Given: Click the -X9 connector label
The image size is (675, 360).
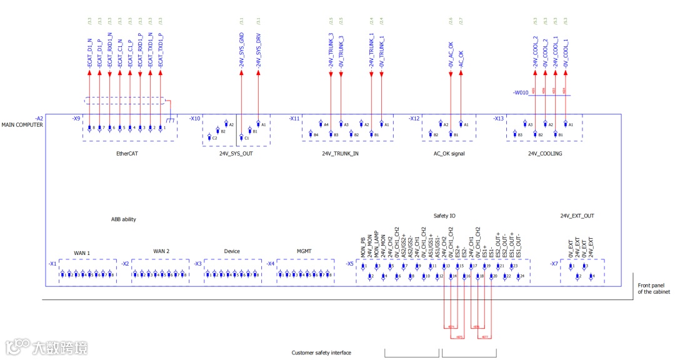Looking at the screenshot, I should pos(76,118).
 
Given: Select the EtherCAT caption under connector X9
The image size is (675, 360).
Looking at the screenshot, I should pos(127,153).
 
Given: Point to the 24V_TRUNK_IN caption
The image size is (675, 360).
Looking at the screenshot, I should pos(340,153).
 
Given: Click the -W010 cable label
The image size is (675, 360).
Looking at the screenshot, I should pos(521,93).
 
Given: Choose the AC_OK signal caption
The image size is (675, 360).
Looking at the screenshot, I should pos(449,153).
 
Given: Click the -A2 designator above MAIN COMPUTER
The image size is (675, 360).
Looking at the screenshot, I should pos(39,118).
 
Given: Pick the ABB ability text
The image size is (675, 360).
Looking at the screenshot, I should pos(124,219).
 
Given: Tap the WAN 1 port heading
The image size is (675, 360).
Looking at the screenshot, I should pos(82,253).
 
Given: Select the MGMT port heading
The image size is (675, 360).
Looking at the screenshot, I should pos(304,251).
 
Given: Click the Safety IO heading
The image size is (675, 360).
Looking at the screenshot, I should pos(444,216).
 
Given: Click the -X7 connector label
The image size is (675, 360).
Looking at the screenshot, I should pos(554,264).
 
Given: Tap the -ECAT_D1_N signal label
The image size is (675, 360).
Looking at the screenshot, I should pos(90,52).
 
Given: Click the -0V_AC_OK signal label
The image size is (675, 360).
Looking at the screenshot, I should pos(451,54).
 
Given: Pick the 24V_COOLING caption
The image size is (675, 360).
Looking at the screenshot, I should pos(544,153).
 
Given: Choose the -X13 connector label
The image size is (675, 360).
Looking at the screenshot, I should pos(498,118).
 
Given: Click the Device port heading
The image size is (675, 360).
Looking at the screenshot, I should pos(232,251).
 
